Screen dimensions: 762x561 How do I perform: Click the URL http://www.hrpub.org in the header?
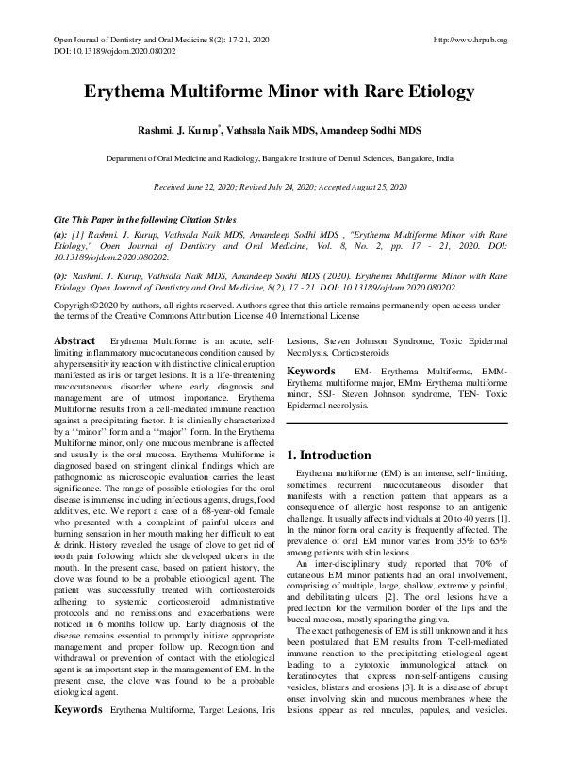point(470,41)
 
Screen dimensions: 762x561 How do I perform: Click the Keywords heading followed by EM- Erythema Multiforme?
point(311,372)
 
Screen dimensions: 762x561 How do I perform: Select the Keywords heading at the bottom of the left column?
point(78,734)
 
